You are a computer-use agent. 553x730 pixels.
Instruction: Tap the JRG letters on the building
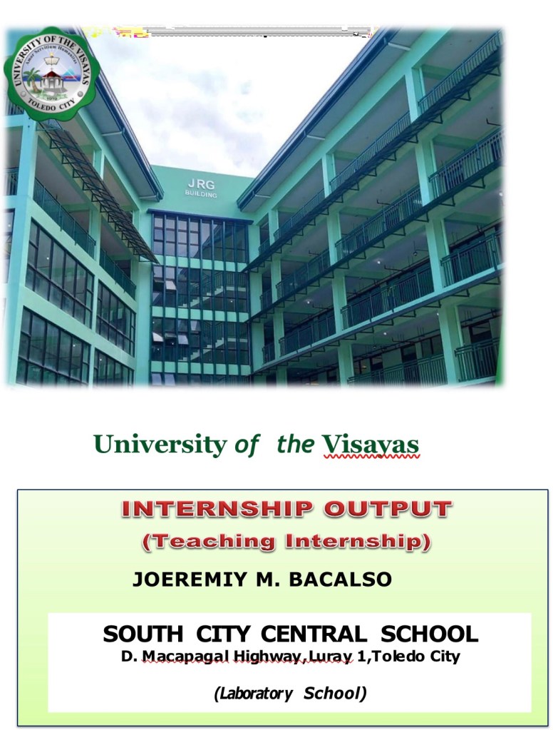click(x=202, y=184)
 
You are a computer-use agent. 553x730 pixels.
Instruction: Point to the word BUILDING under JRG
click(x=201, y=194)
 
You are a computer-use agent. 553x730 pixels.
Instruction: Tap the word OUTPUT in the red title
click(x=388, y=509)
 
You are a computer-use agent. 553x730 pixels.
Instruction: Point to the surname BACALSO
click(x=341, y=579)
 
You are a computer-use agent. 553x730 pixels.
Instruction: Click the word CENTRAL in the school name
click(x=314, y=634)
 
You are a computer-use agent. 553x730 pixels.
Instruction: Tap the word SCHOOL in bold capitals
click(x=429, y=634)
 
